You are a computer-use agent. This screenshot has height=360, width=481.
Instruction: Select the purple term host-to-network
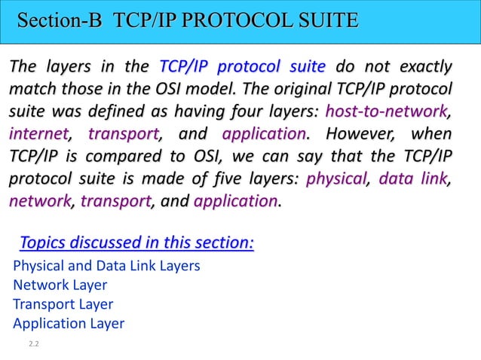point(384,112)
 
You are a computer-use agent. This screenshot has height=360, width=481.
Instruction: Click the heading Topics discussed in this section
point(136,243)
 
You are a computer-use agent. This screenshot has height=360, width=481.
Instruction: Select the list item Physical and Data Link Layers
point(106,266)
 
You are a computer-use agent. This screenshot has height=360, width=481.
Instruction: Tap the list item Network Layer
point(60,285)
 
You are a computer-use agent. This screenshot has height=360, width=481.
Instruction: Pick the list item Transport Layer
point(63,304)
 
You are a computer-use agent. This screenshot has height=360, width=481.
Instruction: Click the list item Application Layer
point(69,324)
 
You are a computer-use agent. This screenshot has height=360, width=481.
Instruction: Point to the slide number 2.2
point(34,344)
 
